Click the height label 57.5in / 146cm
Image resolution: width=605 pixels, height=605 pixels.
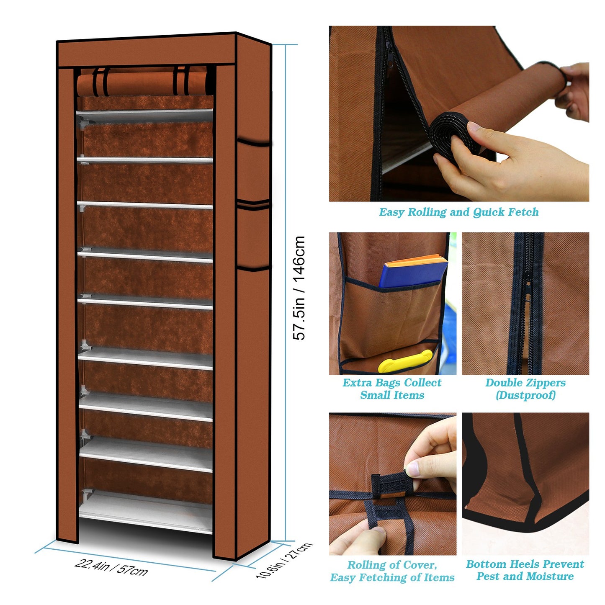tap(299, 288)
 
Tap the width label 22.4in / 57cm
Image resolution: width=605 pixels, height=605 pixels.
tap(111, 567)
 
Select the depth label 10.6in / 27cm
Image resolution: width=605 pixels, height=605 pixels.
tap(284, 560)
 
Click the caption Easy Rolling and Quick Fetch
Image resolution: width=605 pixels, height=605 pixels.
tap(459, 212)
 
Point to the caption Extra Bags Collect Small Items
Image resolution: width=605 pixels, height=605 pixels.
tap(392, 389)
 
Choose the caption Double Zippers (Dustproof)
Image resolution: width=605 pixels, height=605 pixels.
tap(525, 389)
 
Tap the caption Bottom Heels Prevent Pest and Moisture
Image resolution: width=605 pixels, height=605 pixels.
tap(525, 570)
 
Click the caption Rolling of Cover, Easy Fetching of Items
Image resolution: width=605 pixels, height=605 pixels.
tap(392, 571)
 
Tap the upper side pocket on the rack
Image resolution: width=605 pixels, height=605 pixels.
tap(253, 172)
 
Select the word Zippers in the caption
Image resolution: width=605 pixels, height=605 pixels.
tap(545, 383)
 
